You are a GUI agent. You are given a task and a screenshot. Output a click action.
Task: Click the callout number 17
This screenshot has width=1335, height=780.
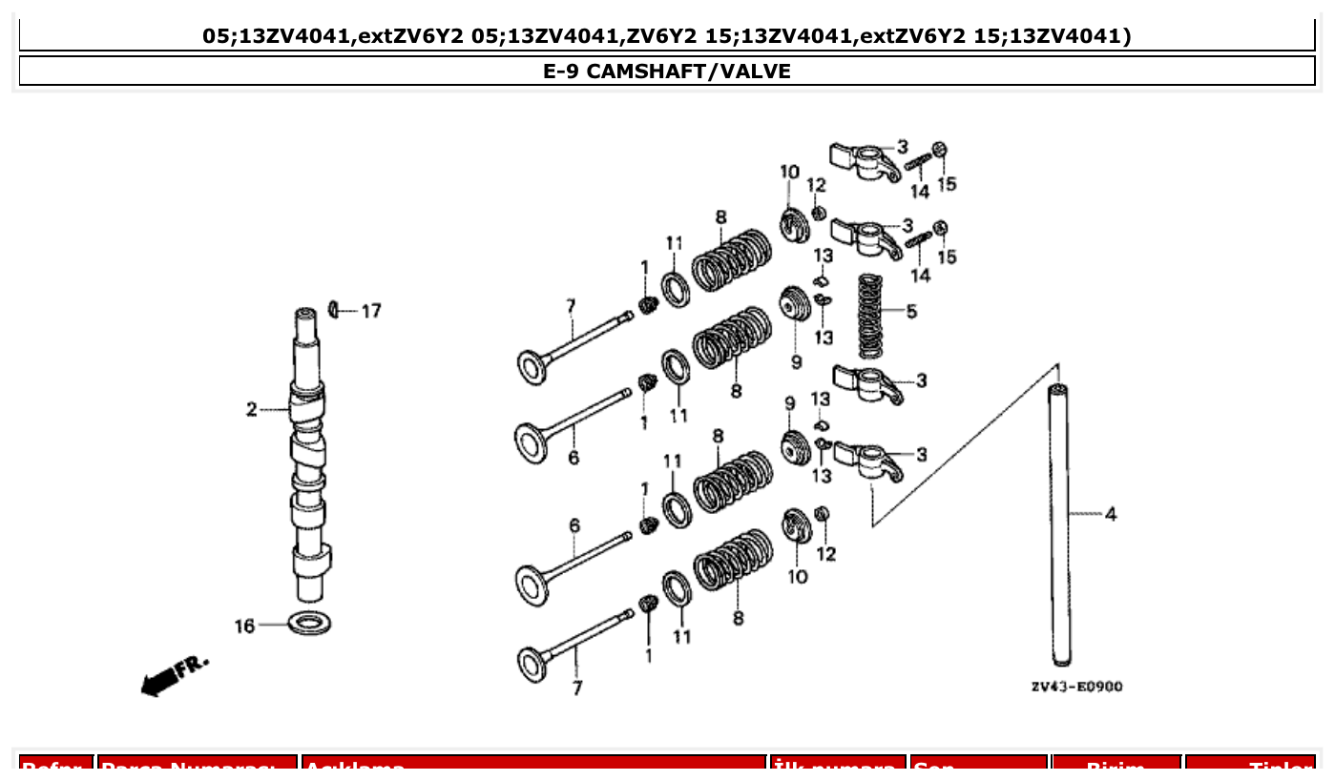(x=371, y=311)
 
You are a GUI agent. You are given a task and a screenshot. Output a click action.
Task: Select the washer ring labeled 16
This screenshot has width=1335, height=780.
(x=309, y=625)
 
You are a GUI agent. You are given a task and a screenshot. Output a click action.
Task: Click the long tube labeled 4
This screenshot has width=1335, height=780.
(x=1059, y=524)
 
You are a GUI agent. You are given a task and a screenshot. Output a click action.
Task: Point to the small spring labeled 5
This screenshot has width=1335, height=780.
(x=868, y=316)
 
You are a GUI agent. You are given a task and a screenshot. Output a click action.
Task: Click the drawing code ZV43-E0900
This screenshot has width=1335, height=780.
(x=1076, y=687)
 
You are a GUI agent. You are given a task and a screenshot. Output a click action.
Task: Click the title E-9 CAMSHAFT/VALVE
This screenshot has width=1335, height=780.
(x=667, y=71)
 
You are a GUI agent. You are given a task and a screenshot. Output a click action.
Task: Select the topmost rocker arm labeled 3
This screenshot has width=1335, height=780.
(x=866, y=159)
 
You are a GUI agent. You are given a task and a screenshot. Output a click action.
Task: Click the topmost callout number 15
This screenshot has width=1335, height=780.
(x=947, y=183)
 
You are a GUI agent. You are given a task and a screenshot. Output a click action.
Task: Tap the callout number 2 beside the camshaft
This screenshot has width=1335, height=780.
(x=252, y=410)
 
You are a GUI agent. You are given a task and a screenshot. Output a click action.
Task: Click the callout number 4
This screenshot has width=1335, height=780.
(x=1111, y=514)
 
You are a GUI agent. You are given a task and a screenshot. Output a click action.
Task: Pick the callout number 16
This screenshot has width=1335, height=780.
(x=245, y=626)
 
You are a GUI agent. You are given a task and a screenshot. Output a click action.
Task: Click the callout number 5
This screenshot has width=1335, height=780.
(x=912, y=311)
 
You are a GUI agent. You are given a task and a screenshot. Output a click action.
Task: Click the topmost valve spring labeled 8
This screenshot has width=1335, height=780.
(x=732, y=260)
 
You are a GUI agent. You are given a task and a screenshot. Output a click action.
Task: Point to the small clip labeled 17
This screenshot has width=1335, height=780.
(x=334, y=309)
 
